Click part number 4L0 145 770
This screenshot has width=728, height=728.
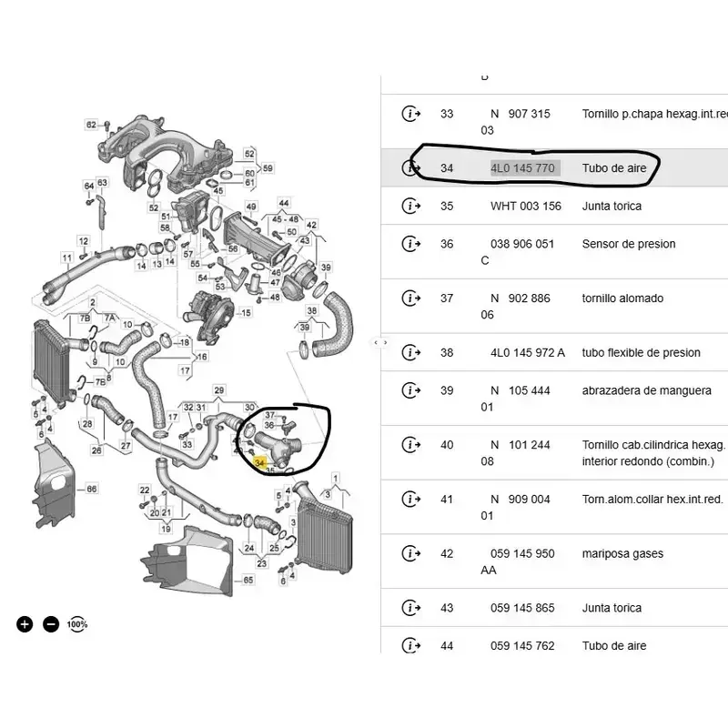click(524, 168)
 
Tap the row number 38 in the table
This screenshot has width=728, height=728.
click(446, 353)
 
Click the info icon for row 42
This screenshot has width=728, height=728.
click(411, 553)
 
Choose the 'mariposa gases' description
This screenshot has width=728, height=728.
click(622, 553)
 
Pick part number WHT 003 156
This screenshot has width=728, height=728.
click(526, 206)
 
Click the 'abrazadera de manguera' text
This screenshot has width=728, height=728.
click(647, 390)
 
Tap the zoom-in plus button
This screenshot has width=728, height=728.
click(25, 624)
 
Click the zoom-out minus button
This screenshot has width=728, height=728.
click(51, 624)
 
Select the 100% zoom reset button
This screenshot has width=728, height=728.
click(77, 624)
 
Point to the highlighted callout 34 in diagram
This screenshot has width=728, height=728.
click(259, 464)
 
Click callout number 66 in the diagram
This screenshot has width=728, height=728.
click(91, 490)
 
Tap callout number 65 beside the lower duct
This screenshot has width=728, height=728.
click(248, 580)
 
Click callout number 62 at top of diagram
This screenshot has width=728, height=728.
click(91, 124)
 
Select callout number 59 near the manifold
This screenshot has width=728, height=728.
click(268, 168)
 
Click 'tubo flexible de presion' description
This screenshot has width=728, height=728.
click(642, 353)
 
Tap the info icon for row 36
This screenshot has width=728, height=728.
click(411, 244)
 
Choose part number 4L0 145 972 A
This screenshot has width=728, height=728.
click(528, 353)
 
